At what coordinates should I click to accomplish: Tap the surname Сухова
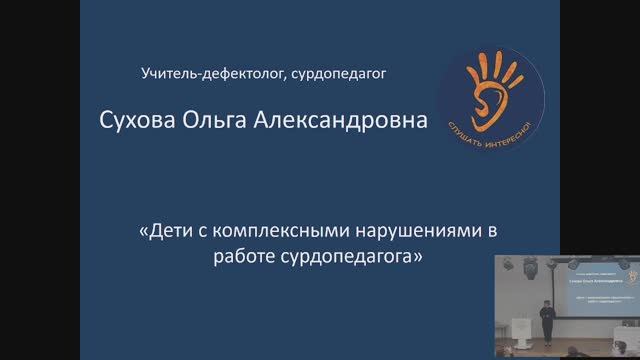click(137, 122)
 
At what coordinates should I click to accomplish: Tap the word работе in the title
click(243, 257)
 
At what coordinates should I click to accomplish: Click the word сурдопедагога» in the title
click(349, 257)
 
